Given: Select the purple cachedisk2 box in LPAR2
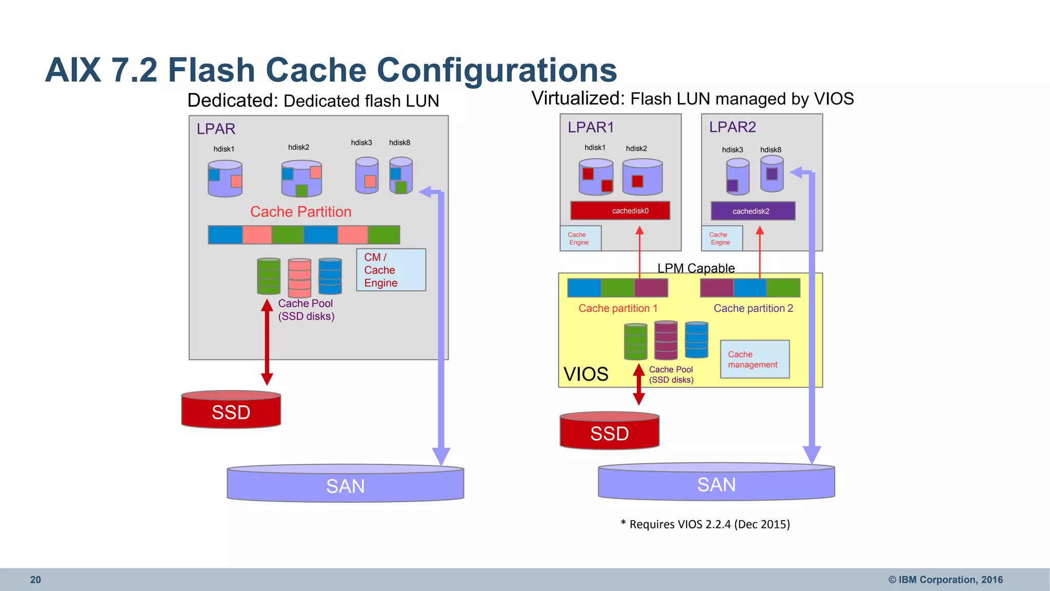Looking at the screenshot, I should (753, 211).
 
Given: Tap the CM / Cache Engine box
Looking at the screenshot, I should (391, 270).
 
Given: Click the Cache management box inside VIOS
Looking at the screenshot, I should (754, 359).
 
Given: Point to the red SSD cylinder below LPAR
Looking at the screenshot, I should (231, 410).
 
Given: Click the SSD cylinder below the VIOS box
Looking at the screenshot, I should (609, 431).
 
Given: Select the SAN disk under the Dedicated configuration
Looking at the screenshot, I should (345, 484).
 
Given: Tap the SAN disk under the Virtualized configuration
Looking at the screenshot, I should (716, 482).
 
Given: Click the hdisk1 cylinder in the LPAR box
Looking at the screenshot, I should (225, 179).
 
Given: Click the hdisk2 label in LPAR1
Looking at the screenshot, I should (636, 148).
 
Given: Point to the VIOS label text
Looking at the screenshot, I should (585, 374).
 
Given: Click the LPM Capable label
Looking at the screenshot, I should (696, 268).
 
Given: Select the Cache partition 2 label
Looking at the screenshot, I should (753, 308).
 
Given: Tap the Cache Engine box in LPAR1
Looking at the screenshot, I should (580, 239).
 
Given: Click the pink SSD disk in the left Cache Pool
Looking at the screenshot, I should (299, 278).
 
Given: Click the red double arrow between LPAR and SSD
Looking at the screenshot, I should (267, 342).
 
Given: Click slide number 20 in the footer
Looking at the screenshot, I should (35, 580).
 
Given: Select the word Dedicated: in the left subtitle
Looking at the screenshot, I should (232, 101).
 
